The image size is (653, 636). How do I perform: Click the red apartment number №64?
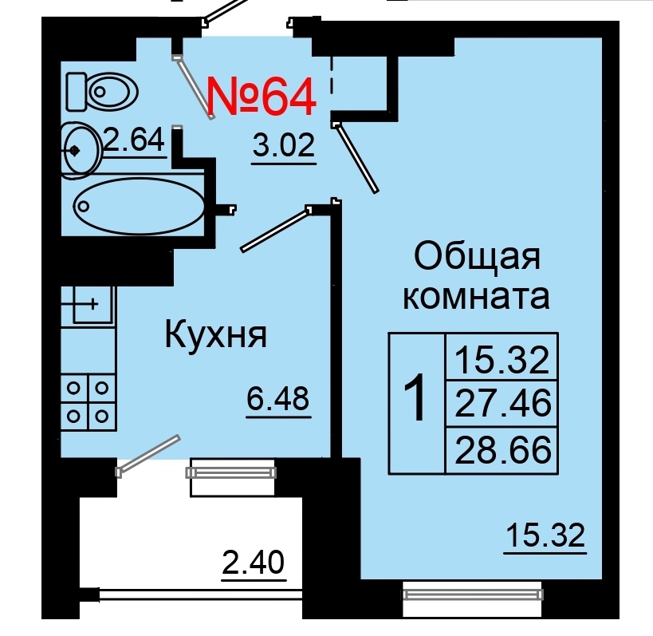point(262,97)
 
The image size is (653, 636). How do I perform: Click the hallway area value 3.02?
point(284,147)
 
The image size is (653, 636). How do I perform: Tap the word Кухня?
point(215,335)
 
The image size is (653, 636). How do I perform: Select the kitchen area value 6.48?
point(277,397)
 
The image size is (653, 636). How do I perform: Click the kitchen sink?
point(89,303)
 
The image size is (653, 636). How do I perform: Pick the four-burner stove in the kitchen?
point(89,401)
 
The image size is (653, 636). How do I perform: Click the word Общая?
point(477,257)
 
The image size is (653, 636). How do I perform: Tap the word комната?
point(477,297)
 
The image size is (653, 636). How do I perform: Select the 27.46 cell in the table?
point(502,404)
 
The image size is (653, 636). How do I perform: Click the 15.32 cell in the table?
point(502,360)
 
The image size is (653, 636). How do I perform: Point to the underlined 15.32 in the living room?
point(545,535)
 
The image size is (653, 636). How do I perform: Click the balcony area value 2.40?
point(253,564)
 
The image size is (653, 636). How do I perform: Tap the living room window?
point(473,594)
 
